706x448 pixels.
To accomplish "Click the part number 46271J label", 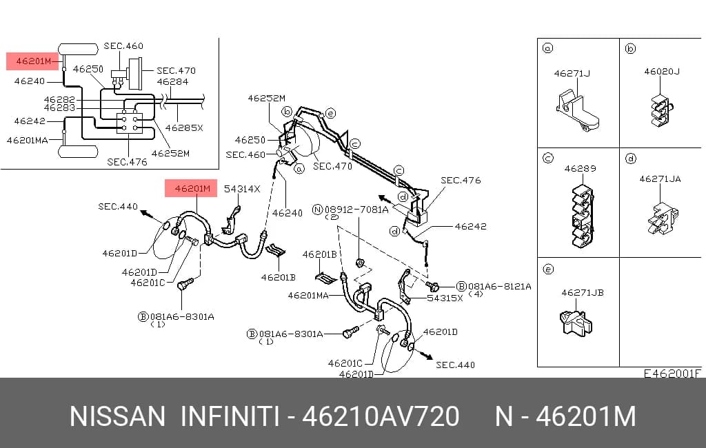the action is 572,73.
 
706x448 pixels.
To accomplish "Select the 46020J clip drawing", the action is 661,110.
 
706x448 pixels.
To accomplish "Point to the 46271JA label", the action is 660,179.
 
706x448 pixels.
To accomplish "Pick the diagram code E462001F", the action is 672,374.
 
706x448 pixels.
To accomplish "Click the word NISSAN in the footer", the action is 117,416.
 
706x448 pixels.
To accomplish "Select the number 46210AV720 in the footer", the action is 381,416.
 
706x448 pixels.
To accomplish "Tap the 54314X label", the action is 242,189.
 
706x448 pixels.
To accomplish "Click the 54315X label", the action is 445,298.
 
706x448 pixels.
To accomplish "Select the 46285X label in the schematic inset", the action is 184,128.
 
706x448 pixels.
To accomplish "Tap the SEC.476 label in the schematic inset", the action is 127,162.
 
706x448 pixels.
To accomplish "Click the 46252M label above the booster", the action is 267,98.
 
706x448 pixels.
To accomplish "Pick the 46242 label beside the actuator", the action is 470,227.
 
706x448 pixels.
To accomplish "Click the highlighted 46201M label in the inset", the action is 32,61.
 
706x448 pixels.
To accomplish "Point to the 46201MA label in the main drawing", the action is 308,296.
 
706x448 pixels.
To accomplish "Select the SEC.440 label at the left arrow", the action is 118,207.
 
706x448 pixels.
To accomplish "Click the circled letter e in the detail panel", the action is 548,269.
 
